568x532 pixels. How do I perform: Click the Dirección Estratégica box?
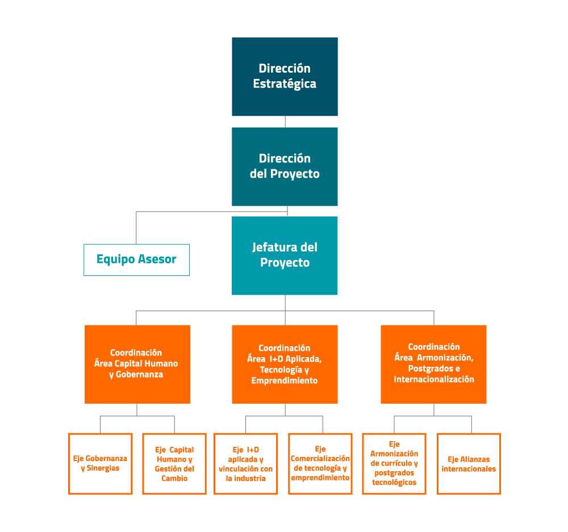285,77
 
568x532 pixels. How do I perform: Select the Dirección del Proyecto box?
285,166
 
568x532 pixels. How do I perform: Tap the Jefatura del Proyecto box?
285,255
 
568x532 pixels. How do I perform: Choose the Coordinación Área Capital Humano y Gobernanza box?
137,365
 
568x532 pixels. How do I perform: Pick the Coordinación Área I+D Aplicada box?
285,365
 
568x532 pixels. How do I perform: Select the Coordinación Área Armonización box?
433,365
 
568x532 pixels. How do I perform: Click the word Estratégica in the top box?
285,84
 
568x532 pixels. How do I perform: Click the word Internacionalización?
434,379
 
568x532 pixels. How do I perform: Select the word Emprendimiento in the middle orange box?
285,380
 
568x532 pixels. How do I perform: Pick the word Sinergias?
103,468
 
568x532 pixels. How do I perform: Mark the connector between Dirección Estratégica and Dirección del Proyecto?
286,122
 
